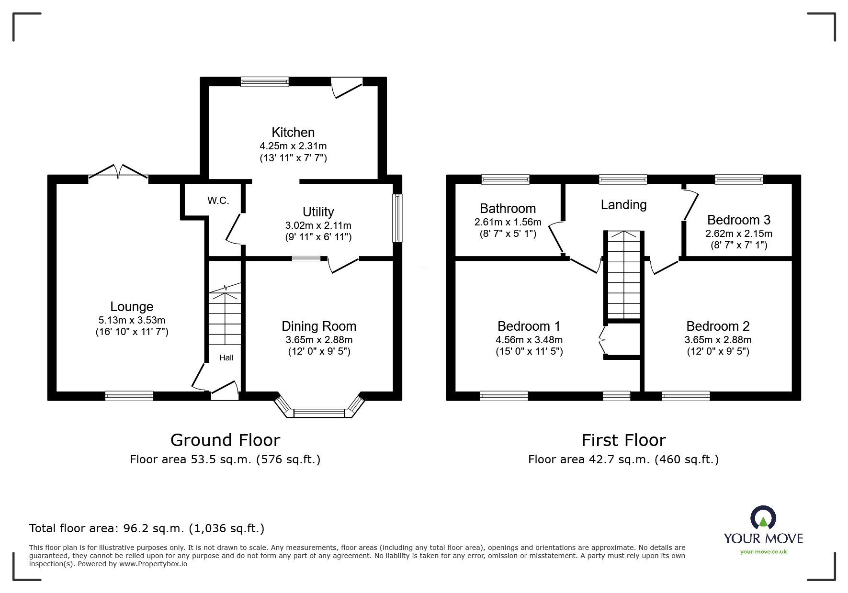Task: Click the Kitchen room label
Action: coord(293,132)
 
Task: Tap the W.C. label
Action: coord(218,201)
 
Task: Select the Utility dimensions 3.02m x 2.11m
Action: coord(318,225)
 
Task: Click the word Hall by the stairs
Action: coord(226,358)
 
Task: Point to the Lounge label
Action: coord(132,307)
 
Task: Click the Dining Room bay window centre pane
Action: coord(319,413)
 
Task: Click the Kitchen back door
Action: coord(347,87)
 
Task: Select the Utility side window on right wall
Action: coord(397,218)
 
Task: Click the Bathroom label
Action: coord(508,209)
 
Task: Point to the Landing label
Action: coord(623,205)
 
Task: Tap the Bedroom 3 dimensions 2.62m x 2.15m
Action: coord(738,234)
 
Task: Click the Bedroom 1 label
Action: coord(529,326)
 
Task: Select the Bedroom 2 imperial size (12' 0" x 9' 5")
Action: coord(718,351)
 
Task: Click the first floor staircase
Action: coord(623,275)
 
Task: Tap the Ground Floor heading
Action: coord(225,440)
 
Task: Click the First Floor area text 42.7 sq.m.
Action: coord(623,459)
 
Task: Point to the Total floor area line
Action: coord(147,528)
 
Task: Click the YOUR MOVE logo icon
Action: coord(763,518)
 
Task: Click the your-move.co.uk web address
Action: coord(763,552)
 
